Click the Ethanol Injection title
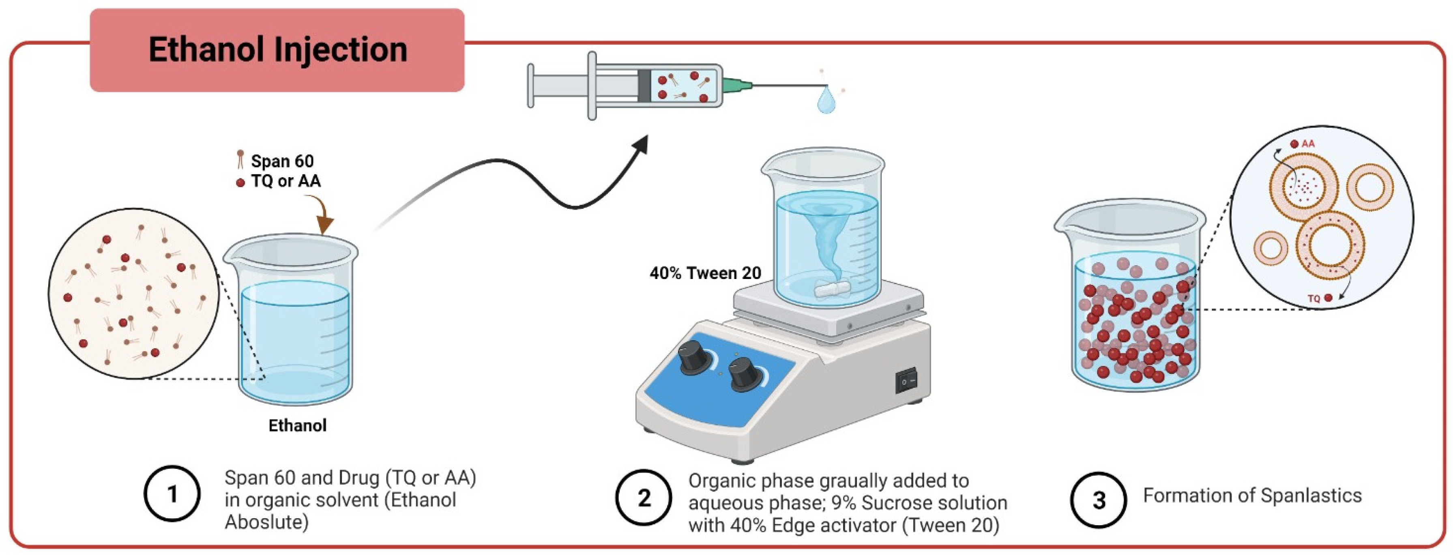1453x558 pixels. coord(277,49)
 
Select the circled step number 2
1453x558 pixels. coord(644,498)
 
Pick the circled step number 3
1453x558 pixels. coord(1098,500)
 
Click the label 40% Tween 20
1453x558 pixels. coord(705,273)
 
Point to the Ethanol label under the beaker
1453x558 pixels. coord(297,425)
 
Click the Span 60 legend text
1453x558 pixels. coord(282,161)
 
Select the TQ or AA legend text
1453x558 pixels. coord(285,181)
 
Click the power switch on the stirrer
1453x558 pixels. coord(906,381)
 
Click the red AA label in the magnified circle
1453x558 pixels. coord(1307,144)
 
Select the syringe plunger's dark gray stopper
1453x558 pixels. coord(644,86)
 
